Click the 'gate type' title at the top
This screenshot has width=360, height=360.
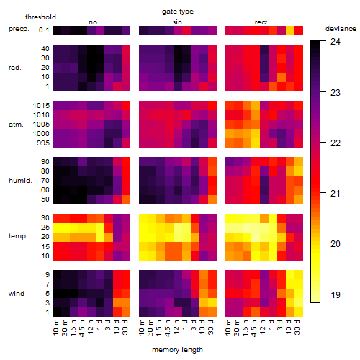(x=178, y=12)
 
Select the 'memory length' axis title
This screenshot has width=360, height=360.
(x=178, y=350)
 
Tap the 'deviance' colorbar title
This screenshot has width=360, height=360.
(x=341, y=29)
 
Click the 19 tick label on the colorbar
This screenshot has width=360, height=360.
(x=336, y=294)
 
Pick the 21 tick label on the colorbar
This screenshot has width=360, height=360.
(x=336, y=193)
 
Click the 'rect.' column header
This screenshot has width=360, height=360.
(x=262, y=22)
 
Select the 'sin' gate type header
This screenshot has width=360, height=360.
(x=177, y=22)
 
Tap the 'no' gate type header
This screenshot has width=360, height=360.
(x=93, y=22)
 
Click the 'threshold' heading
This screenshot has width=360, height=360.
(x=40, y=17)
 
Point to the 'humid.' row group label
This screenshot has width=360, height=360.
(x=20, y=181)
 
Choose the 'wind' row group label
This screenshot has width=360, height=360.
(x=17, y=294)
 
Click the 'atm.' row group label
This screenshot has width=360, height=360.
(x=16, y=125)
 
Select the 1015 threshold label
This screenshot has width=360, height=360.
(x=41, y=106)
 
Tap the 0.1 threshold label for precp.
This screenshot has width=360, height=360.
(x=44, y=30)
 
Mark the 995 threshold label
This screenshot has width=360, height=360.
(x=43, y=143)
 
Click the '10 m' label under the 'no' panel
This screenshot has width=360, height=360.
(x=55, y=328)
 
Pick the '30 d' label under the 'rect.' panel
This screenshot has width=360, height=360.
(x=297, y=328)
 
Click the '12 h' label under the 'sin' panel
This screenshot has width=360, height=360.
(x=176, y=327)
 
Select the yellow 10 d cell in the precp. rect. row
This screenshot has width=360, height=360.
(x=290, y=30)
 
